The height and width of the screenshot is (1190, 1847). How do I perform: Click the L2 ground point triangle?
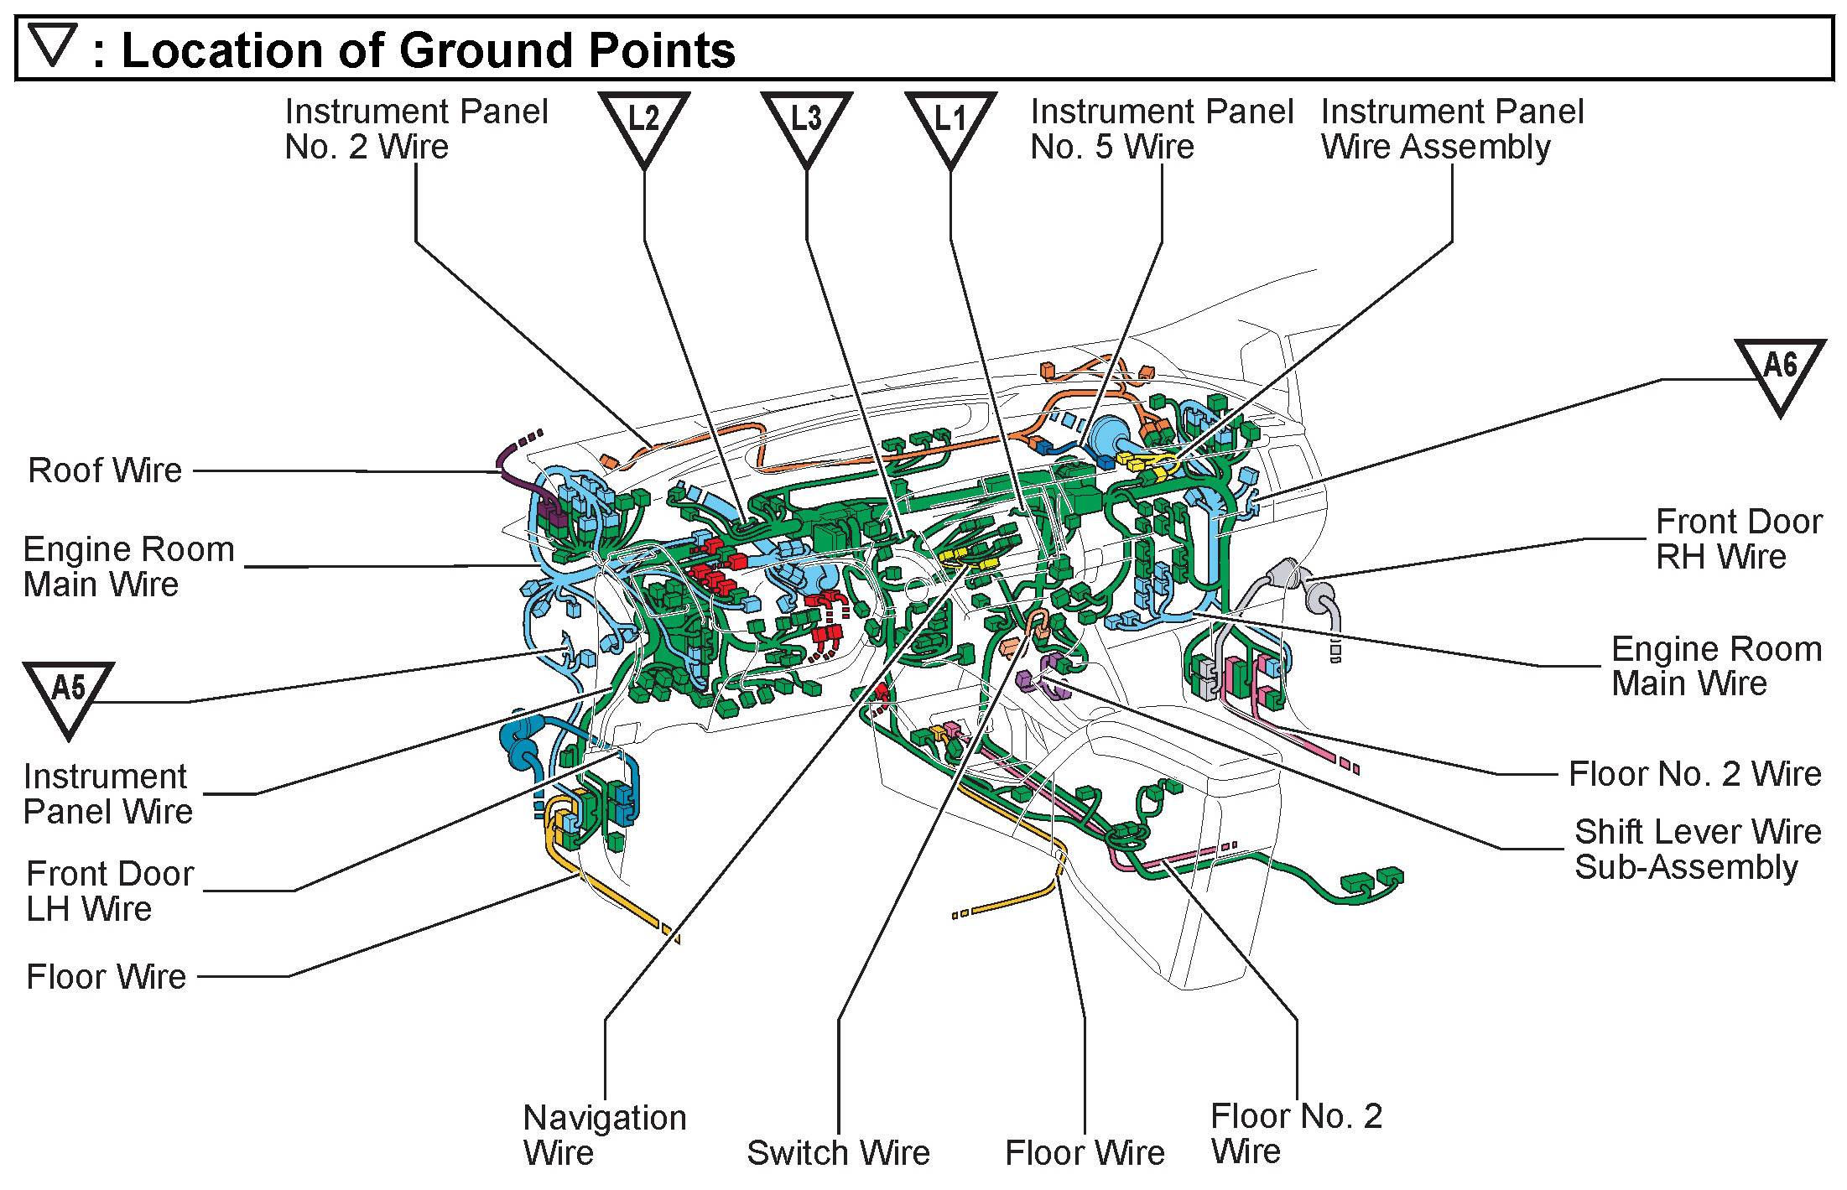pos(643,122)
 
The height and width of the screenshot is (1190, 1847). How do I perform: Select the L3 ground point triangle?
pos(806,122)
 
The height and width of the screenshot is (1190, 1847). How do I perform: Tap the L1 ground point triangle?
pos(950,122)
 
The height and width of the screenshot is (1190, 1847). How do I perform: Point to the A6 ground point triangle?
pos(1780,369)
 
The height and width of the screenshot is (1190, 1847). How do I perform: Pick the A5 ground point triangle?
pos(68,693)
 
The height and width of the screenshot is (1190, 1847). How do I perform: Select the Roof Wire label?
pos(105,470)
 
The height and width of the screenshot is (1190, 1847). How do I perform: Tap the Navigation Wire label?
pos(604,1135)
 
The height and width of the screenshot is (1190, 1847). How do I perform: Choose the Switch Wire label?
pos(838,1153)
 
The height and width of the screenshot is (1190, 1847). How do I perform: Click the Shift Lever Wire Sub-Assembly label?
pos(1697,849)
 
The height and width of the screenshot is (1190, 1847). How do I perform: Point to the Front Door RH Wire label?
pos(1738,539)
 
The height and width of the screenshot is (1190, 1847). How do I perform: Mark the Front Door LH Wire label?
pos(109,891)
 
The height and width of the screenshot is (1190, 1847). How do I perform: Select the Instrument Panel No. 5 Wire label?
pos(1161,129)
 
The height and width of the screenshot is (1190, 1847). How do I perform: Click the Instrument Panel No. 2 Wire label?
pos(416,129)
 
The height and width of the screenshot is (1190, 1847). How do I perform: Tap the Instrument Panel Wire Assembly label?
pos(1452,129)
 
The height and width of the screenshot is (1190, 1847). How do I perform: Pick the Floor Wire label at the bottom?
pos(1085,1153)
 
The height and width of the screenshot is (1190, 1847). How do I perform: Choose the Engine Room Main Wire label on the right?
pos(1716,666)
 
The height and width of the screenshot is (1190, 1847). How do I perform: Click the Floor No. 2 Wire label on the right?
pos(1694,774)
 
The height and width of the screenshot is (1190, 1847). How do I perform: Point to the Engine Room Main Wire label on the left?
pos(128,567)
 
